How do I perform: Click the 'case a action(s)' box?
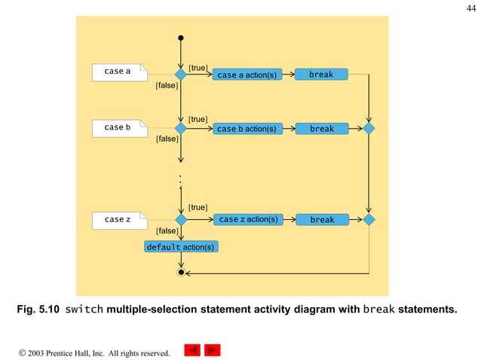point(246,75)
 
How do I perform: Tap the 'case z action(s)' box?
point(247,219)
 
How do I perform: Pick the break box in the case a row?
point(321,75)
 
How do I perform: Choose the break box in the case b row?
point(321,129)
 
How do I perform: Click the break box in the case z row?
point(321,220)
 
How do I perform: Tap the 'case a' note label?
point(118,72)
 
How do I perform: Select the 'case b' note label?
point(118,127)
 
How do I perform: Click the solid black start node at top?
point(181,38)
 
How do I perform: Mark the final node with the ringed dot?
point(181,272)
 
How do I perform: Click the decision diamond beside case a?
point(181,75)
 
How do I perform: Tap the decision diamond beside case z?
point(181,219)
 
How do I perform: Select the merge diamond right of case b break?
point(369,129)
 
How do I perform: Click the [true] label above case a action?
point(198,68)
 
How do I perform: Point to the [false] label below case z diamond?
point(166,230)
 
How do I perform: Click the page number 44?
point(471,8)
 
